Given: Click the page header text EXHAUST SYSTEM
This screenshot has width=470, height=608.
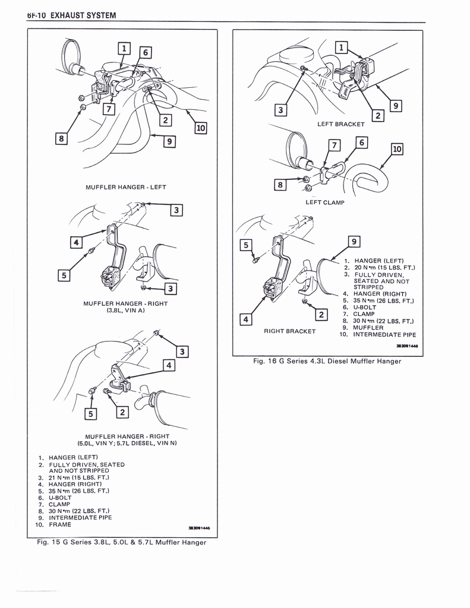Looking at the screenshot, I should tap(83, 15).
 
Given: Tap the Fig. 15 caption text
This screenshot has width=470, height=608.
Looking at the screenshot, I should tap(121, 541).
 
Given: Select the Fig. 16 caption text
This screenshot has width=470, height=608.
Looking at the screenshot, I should tap(327, 361).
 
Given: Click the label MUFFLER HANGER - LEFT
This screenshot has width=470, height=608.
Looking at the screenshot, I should tap(126, 187).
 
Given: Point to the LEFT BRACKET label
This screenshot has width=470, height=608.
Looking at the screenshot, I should tap(340, 124).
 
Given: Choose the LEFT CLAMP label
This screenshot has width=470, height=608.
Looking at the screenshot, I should tap(324, 202).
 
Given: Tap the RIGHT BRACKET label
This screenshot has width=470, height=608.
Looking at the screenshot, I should tap(289, 331).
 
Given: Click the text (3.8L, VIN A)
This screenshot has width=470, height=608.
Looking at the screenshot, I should tap(125, 310).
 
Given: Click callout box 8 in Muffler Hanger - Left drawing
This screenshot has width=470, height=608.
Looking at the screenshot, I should tap(61, 139).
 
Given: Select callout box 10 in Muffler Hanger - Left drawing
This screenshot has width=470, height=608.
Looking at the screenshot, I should tap(200, 128).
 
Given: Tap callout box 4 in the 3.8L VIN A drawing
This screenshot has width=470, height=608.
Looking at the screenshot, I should tap(75, 242).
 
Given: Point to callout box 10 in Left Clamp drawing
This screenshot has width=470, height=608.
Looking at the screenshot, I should tap(397, 150).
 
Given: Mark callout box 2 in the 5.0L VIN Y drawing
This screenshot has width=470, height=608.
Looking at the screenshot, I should tap(123, 412).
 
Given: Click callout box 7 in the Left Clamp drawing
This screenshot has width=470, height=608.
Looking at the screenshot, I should tap(334, 145).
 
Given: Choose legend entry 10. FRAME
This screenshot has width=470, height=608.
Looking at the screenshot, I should tap(53, 524).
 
